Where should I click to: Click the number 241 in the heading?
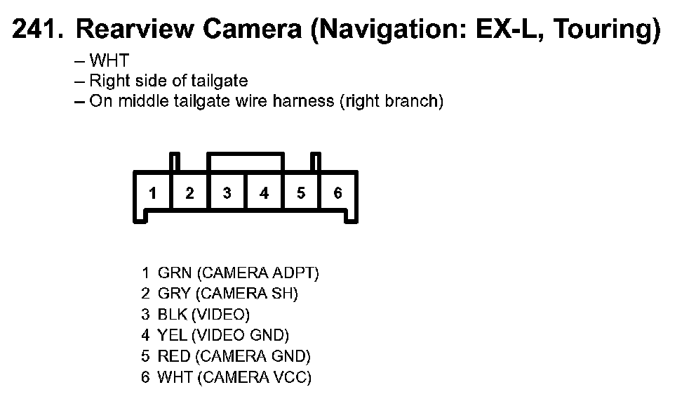pos(36,29)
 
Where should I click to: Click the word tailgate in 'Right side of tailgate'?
pos(220,81)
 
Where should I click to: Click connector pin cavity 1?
pos(152,193)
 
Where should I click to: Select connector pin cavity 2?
pos(189,193)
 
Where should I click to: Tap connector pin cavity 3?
pos(227,193)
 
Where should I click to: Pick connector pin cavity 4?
pos(264,193)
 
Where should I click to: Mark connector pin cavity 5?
pos(301,193)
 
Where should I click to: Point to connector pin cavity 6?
pos(337,193)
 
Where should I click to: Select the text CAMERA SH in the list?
pos(247,294)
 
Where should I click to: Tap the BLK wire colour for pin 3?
pos(173,315)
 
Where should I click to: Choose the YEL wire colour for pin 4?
pos(173,336)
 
